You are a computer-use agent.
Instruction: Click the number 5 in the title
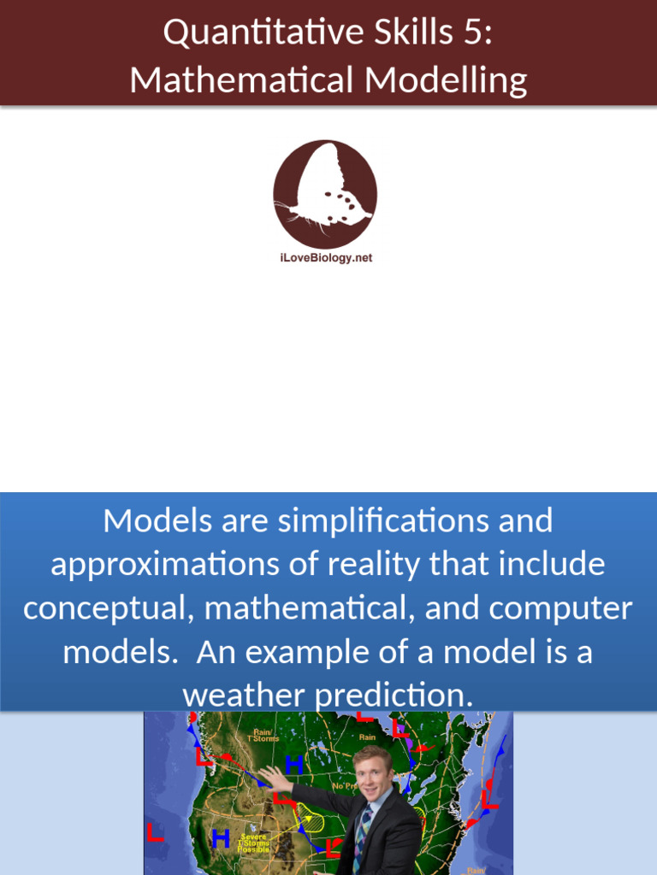tap(478, 33)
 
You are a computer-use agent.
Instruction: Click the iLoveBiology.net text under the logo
tap(326, 258)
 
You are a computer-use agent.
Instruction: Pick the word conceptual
tap(107, 608)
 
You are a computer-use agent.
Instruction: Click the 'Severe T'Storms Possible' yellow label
tap(254, 843)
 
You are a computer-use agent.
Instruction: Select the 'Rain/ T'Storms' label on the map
tap(263, 735)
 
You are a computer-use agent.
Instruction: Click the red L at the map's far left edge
tap(155, 831)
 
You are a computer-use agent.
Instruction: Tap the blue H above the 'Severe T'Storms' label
tap(220, 839)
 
